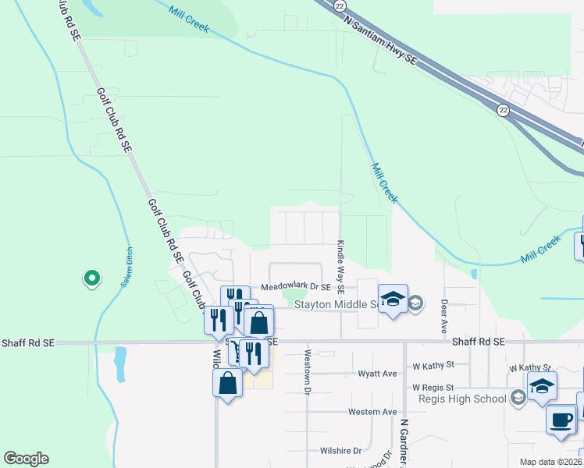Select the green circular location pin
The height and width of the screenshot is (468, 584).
click(x=92, y=278)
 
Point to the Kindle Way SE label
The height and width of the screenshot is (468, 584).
click(x=340, y=262)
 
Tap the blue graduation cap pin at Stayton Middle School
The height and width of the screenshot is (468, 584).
click(x=393, y=299)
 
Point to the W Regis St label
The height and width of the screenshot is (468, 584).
click(x=433, y=387)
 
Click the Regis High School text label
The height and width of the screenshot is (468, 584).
click(x=462, y=399)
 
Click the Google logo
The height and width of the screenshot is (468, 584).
click(x=26, y=459)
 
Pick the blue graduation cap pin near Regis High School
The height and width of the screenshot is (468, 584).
click(x=541, y=387)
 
